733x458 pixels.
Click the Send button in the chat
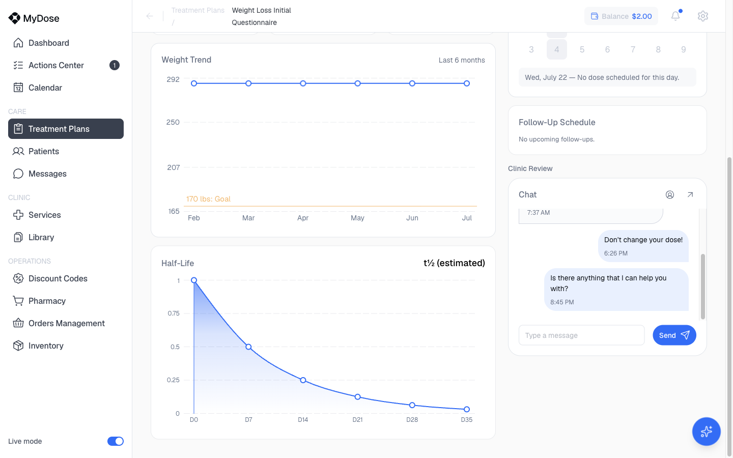click(x=674, y=335)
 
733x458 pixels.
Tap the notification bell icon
click(x=675, y=16)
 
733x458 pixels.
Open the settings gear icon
click(x=702, y=16)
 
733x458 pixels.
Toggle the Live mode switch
click(x=115, y=441)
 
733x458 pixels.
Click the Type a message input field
click(x=581, y=335)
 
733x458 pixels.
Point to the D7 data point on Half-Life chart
click(x=248, y=347)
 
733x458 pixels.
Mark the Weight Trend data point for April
click(x=303, y=83)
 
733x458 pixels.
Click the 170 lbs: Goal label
click(x=208, y=199)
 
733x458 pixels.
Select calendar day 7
click(x=633, y=49)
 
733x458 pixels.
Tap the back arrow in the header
click(x=150, y=16)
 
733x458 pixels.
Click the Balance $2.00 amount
click(x=642, y=16)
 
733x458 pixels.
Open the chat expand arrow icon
click(x=690, y=194)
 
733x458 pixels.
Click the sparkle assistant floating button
click(x=706, y=432)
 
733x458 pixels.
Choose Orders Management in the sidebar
click(x=66, y=323)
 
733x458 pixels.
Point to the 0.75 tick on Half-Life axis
click(x=174, y=313)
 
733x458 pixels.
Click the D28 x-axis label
click(x=412, y=419)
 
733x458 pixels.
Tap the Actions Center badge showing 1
click(x=114, y=66)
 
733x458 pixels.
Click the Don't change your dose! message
click(x=643, y=240)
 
